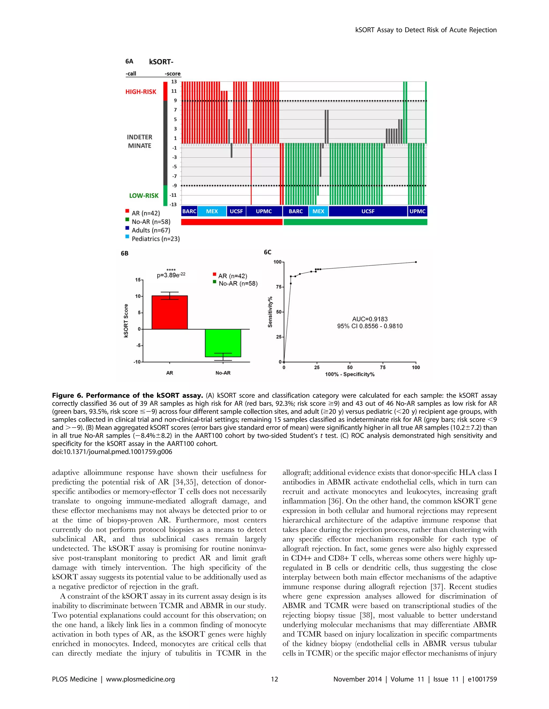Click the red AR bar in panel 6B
(169, 312)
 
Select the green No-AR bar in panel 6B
(223, 343)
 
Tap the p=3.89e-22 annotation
(171, 275)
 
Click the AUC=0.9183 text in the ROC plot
(369, 319)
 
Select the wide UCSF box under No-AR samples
(368, 211)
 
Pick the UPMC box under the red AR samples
(264, 211)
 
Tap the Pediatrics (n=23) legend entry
(155, 239)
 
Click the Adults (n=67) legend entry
(151, 230)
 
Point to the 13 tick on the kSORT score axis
(174, 82)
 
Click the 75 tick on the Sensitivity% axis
(278, 287)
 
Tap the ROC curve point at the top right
(416, 262)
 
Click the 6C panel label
(268, 252)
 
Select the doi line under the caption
(112, 452)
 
